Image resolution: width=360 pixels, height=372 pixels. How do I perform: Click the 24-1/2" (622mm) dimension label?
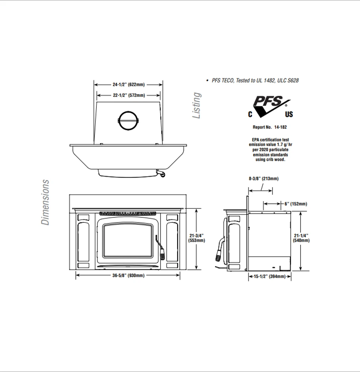(129, 85)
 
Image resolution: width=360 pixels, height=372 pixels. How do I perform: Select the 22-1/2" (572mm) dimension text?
(129, 95)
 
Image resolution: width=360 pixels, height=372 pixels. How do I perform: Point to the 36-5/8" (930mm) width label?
(129, 275)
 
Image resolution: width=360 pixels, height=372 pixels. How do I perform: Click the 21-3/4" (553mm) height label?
(196, 238)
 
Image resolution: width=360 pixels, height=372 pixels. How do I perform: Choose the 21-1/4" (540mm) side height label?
(301, 238)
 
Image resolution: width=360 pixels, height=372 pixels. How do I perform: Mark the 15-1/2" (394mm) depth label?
(270, 277)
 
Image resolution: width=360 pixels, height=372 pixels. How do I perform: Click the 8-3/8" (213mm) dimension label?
(264, 179)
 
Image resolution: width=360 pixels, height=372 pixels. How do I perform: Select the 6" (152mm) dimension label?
(296, 204)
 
